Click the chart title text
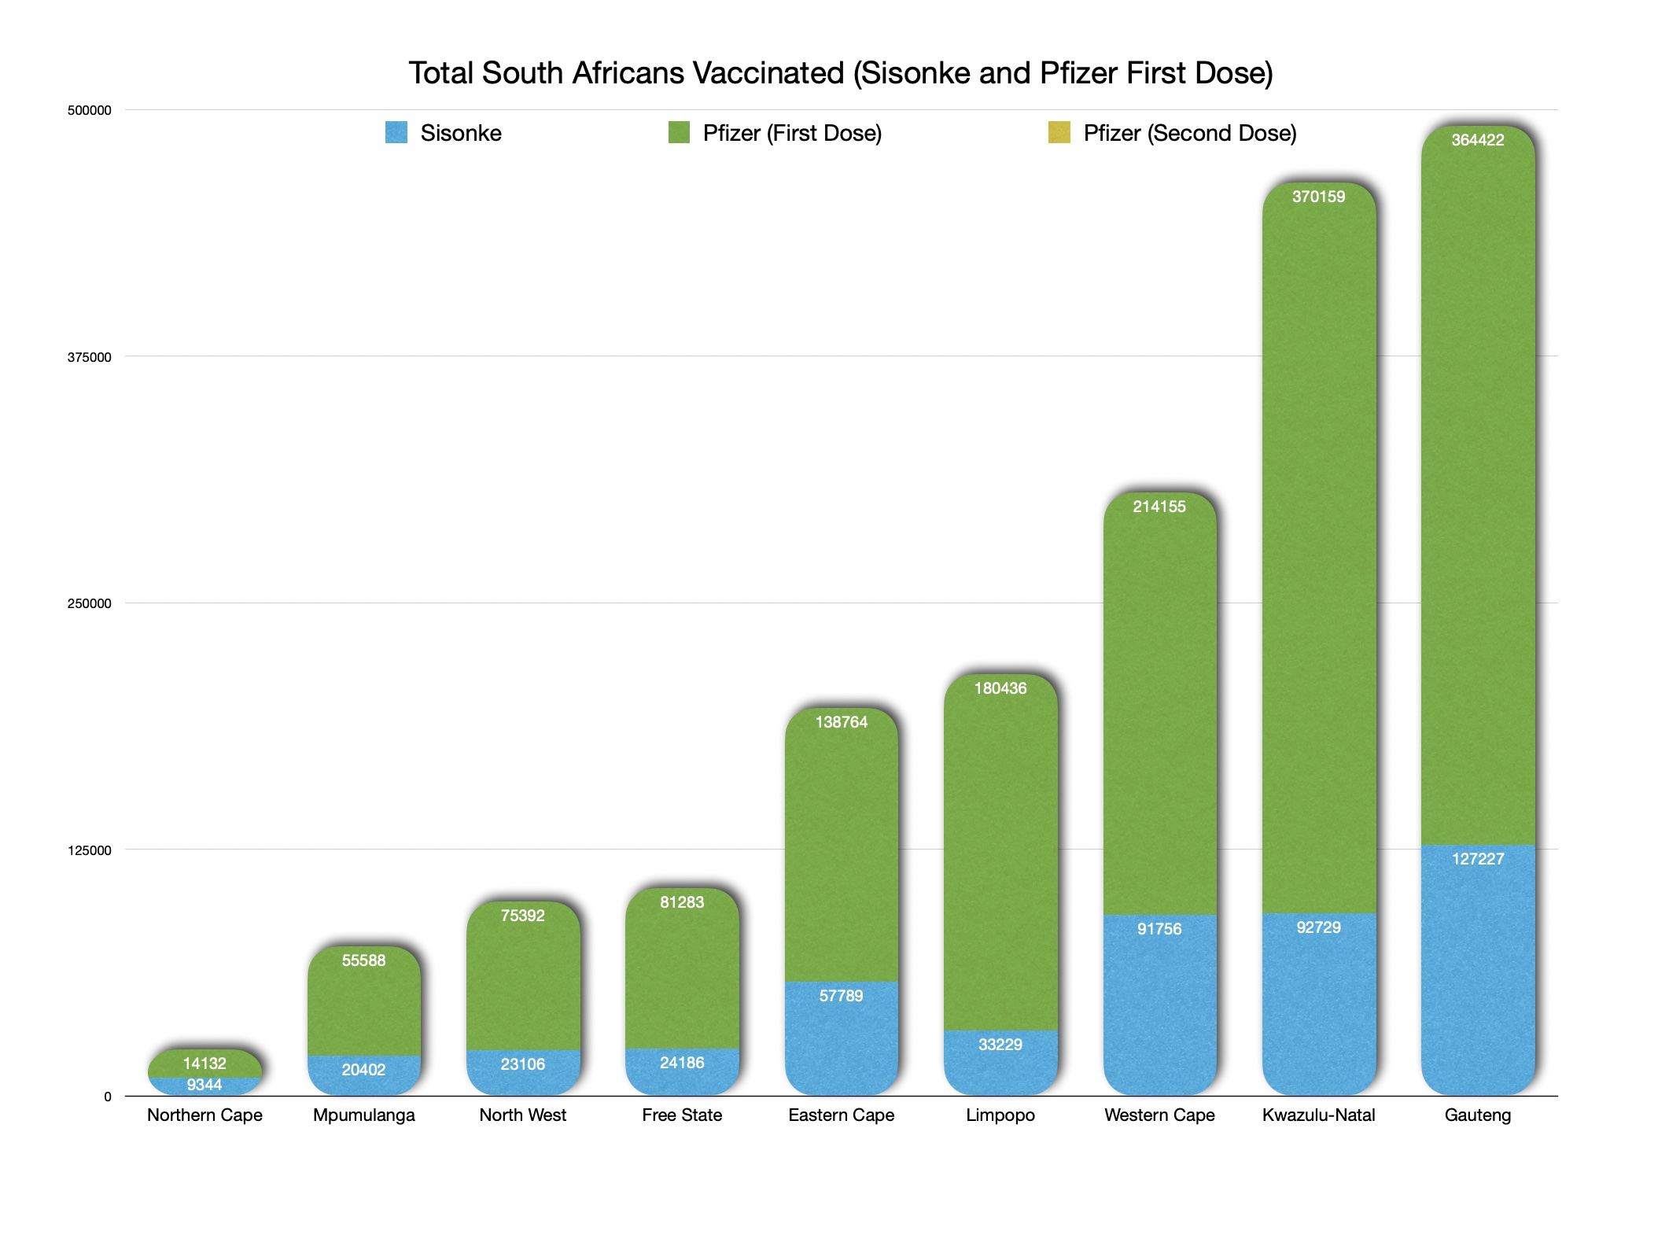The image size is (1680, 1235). tap(840, 73)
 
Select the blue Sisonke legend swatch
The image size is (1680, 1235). tap(396, 132)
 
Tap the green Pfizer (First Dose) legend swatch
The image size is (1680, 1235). tap(679, 132)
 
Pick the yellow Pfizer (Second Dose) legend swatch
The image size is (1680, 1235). tap(1059, 132)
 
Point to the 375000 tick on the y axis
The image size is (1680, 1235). tap(89, 357)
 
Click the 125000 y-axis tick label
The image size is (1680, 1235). tap(89, 850)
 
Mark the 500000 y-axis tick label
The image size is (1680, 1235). tap(89, 111)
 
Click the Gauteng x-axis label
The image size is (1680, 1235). tap(1477, 1115)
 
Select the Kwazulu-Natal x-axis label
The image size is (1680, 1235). tap(1318, 1115)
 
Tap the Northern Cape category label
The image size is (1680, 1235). tap(204, 1115)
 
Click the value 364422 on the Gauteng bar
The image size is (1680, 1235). tap(1477, 140)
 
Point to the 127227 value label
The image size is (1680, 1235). tap(1477, 859)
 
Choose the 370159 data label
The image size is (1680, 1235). tap(1318, 197)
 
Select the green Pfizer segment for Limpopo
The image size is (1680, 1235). tap(1000, 857)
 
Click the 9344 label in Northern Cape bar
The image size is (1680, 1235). tap(204, 1086)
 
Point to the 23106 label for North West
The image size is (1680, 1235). tap(523, 1064)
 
